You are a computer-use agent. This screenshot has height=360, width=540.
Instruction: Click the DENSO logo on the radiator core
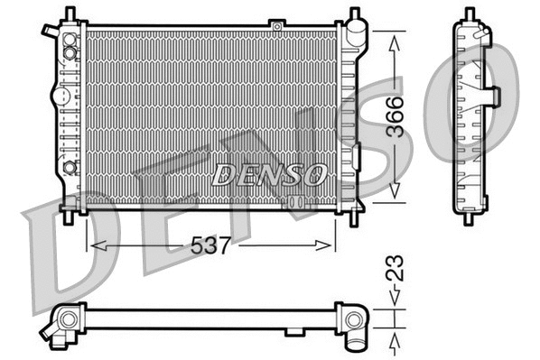pos(268,173)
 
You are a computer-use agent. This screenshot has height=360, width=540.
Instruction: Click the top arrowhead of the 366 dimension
pos(395,42)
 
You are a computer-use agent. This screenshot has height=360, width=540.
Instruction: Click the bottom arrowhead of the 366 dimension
pos(395,193)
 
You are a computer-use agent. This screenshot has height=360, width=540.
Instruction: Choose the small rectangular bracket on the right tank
pos(355,156)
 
